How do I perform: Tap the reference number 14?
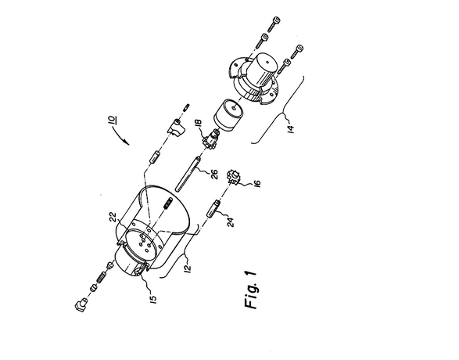tap(290, 129)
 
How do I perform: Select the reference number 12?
tap(188, 268)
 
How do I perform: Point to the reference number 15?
tap(152, 299)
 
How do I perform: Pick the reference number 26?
tap(214, 175)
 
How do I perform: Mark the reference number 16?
tap(257, 183)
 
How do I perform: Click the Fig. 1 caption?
tap(250, 290)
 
